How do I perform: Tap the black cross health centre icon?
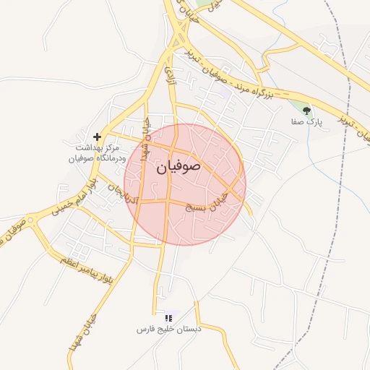point(97,136)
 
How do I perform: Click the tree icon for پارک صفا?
point(307,111)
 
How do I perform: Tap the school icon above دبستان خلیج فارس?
point(168,317)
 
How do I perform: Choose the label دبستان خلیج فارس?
point(168,330)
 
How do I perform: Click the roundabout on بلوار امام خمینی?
point(30,220)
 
